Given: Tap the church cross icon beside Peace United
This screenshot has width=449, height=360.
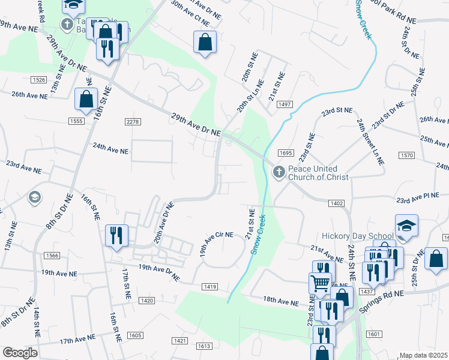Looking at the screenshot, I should [279, 172].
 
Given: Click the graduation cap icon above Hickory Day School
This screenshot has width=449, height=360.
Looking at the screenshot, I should [406, 226].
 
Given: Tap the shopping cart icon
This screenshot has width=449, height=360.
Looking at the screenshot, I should [321, 282].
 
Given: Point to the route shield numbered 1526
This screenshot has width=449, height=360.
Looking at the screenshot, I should [39, 80].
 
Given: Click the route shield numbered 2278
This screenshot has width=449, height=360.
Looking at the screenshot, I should [133, 122].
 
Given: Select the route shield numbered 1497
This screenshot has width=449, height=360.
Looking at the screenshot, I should [285, 104].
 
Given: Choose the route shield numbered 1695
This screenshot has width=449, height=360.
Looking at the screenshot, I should [286, 153].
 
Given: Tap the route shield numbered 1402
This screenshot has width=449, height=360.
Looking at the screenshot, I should [336, 203].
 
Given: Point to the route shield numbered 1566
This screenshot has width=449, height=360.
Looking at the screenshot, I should [51, 256].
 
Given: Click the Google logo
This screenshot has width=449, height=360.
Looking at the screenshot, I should [19, 353].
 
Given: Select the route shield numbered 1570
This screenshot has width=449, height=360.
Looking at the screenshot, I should [406, 155].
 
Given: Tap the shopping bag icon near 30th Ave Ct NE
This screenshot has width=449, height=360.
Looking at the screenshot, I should [205, 42].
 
